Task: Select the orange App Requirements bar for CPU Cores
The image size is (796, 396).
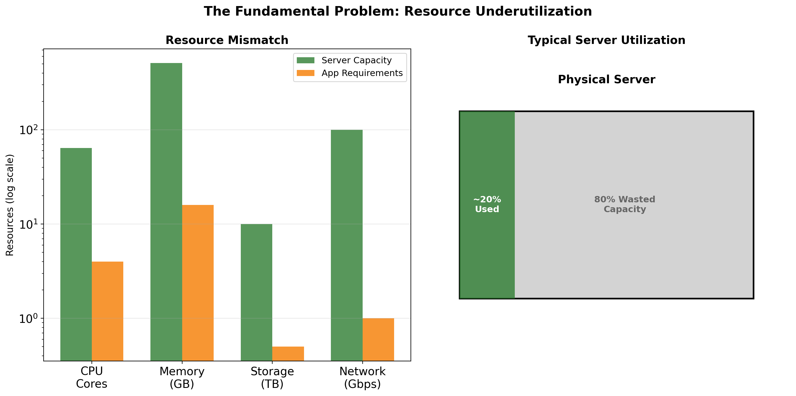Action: click(x=107, y=311)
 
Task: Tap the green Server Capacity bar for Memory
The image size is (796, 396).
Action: click(x=166, y=212)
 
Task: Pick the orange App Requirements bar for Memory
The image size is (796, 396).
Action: click(x=198, y=282)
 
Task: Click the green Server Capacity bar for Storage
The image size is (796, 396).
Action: click(x=256, y=292)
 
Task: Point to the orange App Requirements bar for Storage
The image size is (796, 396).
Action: click(x=288, y=353)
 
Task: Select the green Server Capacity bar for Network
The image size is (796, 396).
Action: click(x=347, y=245)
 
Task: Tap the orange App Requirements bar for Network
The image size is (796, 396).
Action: click(x=378, y=339)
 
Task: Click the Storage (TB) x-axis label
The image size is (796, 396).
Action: click(x=272, y=378)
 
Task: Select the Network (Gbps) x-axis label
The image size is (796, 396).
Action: click(x=362, y=378)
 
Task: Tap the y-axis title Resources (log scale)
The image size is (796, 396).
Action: click(x=10, y=205)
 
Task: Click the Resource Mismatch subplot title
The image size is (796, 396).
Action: click(x=227, y=40)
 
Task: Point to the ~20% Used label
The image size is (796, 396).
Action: click(x=487, y=204)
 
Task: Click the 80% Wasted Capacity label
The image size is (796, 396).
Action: click(x=625, y=204)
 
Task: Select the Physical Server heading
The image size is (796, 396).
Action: click(x=606, y=79)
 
